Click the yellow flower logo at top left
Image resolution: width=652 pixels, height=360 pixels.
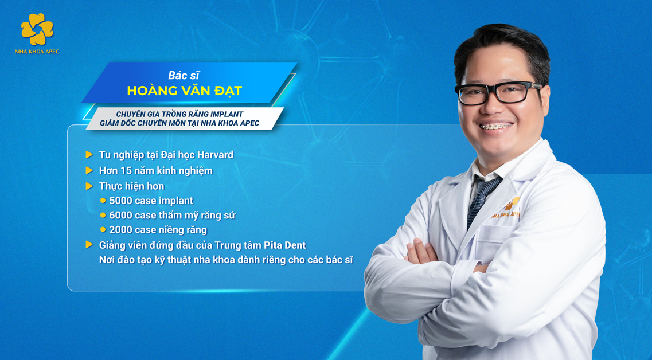[x=37, y=29]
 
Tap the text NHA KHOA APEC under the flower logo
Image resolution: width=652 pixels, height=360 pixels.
[x=37, y=52]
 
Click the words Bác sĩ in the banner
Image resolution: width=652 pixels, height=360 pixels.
[x=184, y=75]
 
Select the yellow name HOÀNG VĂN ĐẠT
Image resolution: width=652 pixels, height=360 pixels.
[x=184, y=91]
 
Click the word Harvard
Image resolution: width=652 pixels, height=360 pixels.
[x=215, y=155]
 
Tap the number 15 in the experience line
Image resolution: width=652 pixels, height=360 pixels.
[x=126, y=170]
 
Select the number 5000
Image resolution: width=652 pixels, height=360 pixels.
[x=121, y=201]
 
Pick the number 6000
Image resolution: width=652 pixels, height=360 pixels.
[x=121, y=215]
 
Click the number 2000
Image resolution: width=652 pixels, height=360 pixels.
[x=121, y=229]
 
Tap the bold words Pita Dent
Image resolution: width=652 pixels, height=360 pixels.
[x=285, y=245]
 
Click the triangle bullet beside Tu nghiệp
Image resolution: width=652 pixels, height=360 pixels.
[x=89, y=155]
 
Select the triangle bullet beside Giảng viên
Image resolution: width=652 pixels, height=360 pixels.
[x=89, y=244]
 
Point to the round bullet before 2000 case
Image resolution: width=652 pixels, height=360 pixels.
[x=103, y=229]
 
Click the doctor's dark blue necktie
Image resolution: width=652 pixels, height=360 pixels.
[x=482, y=199]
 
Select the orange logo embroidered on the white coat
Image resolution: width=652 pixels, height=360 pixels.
[x=507, y=209]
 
